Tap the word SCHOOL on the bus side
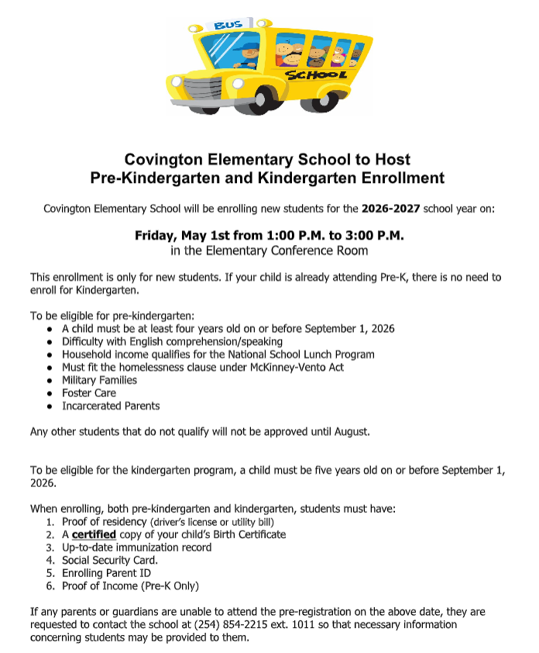click(x=315, y=75)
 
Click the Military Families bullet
click(x=99, y=380)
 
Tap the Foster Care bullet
click(x=89, y=393)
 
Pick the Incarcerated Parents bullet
click(x=111, y=406)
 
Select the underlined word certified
click(x=94, y=534)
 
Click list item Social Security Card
click(x=110, y=560)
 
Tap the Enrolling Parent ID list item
click(x=106, y=573)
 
